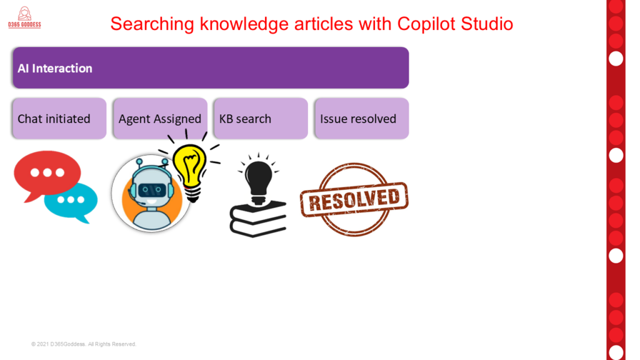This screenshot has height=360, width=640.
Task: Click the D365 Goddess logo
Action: tap(24, 17)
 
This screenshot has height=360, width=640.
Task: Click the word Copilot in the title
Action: tap(426, 24)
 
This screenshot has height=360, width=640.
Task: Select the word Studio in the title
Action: tap(487, 24)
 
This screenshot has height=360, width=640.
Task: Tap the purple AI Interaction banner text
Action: tap(55, 68)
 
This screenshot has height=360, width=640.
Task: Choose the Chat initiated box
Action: tap(59, 118)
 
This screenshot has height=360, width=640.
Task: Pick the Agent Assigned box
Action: tap(161, 118)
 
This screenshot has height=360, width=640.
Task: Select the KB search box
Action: tap(261, 118)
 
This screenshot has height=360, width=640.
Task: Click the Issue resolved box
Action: tap(362, 118)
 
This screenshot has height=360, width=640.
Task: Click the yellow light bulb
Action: tap(190, 169)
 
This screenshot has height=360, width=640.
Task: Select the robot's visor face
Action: tap(152, 190)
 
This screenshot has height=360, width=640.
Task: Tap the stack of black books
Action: tap(258, 219)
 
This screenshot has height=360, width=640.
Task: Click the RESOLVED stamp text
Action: tap(354, 200)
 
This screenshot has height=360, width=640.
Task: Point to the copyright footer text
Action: tap(84, 344)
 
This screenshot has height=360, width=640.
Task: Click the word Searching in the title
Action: tap(152, 24)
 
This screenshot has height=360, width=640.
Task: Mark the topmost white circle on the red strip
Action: tap(616, 59)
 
